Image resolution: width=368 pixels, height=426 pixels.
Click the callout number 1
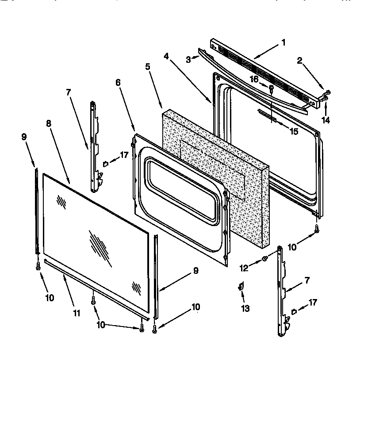(x=283, y=43)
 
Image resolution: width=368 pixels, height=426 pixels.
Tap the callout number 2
(x=299, y=61)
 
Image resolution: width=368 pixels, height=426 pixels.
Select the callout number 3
(x=188, y=59)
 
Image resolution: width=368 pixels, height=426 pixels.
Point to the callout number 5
(x=147, y=66)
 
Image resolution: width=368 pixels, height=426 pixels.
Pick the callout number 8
(x=49, y=124)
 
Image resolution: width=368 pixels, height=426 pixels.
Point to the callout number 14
(x=326, y=120)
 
